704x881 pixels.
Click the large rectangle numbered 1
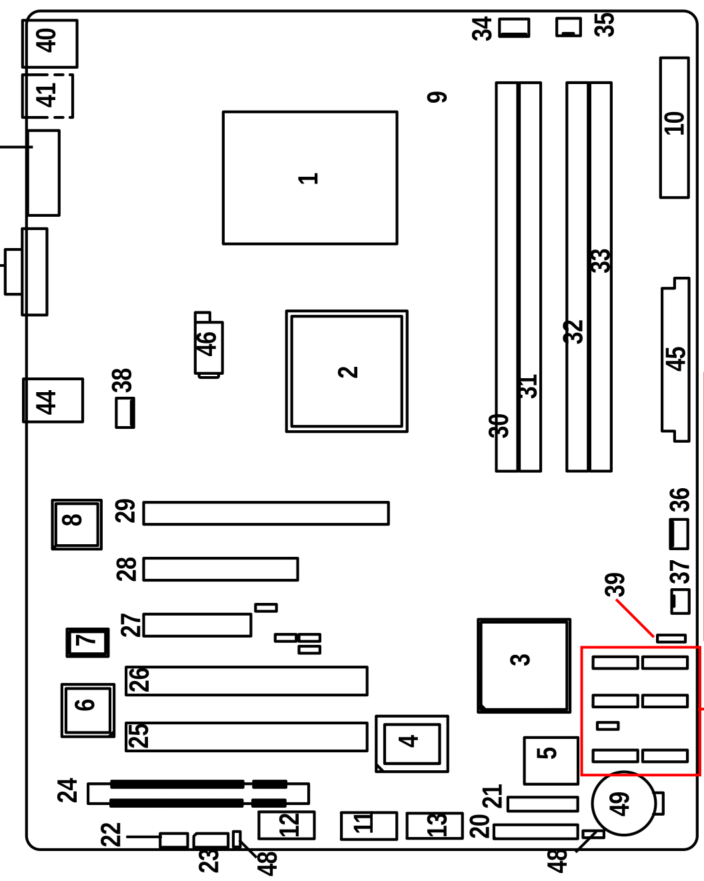310,177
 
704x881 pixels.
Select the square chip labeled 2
347,371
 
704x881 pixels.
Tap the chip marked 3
524,666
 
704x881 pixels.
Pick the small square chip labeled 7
87,642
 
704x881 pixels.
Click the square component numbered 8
77,524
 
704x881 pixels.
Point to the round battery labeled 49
623,803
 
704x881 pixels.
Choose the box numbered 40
49,43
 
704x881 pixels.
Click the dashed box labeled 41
47,96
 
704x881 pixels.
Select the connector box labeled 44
53,400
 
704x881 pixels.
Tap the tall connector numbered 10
674,127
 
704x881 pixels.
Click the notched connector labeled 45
675,359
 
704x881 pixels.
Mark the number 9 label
437,97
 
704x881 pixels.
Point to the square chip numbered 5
551,760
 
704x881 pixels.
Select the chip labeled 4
412,744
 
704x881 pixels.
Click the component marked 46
209,344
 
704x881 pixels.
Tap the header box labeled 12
287,825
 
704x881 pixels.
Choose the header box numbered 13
434,826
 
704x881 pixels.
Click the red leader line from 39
635,618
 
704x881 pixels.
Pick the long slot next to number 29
265,513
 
